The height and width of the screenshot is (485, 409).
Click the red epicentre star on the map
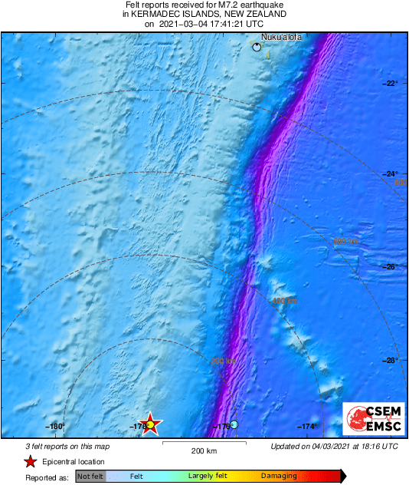coord(151,424)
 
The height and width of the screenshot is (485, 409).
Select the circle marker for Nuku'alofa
coord(257,48)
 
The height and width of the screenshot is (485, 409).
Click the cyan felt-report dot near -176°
coord(235,424)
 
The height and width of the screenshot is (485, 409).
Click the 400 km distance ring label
coord(285,301)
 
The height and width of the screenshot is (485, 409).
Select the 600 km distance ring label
coord(345,242)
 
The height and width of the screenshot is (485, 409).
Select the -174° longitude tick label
coord(307,427)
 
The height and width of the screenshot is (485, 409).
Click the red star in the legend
coord(30,461)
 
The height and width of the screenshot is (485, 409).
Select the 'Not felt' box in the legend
coord(90,477)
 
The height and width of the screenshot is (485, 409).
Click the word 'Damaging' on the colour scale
coord(279,477)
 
